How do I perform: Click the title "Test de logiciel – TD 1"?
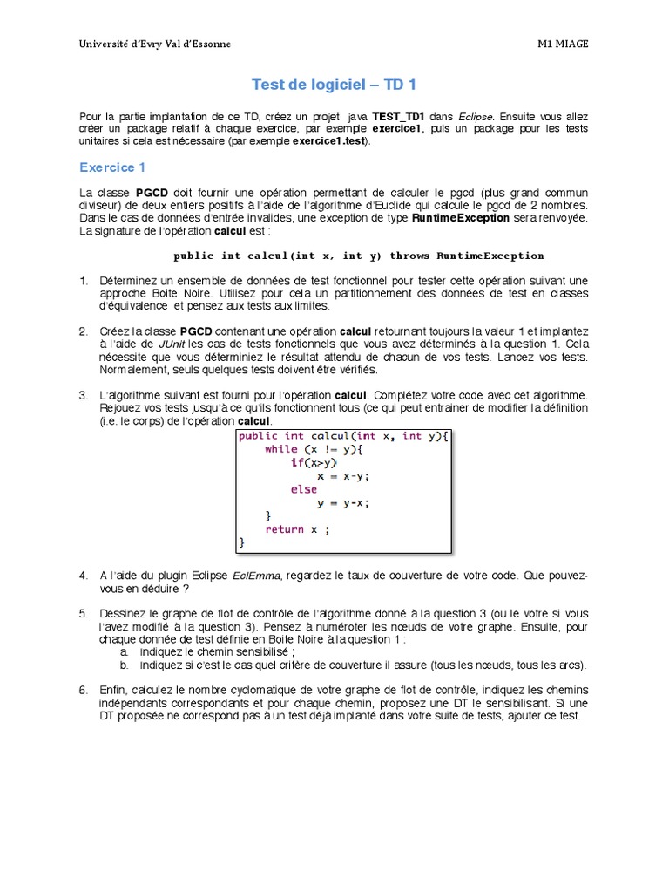[x=334, y=85]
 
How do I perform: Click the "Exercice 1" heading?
[x=112, y=167]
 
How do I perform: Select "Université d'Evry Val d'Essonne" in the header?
[x=155, y=44]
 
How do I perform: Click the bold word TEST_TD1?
[x=398, y=116]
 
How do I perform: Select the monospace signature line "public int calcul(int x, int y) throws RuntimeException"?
[x=359, y=256]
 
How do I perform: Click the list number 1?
[x=84, y=281]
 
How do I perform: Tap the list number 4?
[x=84, y=576]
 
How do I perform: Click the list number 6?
[x=84, y=690]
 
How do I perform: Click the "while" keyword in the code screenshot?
[x=281, y=449]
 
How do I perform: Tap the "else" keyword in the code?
[x=304, y=489]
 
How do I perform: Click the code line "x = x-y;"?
[x=343, y=476]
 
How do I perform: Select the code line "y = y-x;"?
[x=343, y=502]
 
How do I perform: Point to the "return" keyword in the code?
[x=284, y=529]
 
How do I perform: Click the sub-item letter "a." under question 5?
[x=125, y=651]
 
